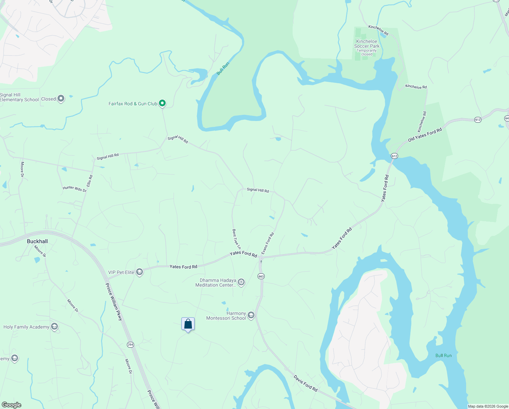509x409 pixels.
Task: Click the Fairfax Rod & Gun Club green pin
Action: pyautogui.click(x=163, y=103)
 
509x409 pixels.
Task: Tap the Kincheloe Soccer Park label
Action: pyautogui.click(x=367, y=44)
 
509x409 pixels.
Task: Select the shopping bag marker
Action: pyautogui.click(x=188, y=324)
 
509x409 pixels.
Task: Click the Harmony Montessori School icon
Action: pyautogui.click(x=251, y=315)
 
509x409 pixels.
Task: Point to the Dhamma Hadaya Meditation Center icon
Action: pyautogui.click(x=241, y=282)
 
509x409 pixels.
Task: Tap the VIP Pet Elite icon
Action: pyautogui.click(x=139, y=272)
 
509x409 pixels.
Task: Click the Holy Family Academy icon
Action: pyautogui.click(x=54, y=327)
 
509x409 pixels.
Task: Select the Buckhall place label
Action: pyautogui.click(x=37, y=241)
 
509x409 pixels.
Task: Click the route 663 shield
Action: pyautogui.click(x=261, y=276)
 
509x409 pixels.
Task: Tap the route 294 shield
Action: pyautogui.click(x=130, y=345)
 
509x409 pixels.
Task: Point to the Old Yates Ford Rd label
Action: pyautogui.click(x=425, y=135)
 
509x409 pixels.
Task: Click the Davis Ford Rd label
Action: pyautogui.click(x=306, y=383)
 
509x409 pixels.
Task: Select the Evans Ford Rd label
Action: pyautogui.click(x=268, y=243)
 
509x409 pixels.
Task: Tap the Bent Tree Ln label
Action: pyautogui.click(x=236, y=239)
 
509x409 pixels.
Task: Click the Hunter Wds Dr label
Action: pyautogui.click(x=75, y=189)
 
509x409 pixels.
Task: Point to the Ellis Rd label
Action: pyautogui.click(x=89, y=181)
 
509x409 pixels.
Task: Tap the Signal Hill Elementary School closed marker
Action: pyautogui.click(x=61, y=99)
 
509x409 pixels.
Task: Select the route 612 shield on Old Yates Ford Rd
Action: pyautogui.click(x=478, y=120)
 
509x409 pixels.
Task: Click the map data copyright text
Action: pyautogui.click(x=488, y=406)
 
